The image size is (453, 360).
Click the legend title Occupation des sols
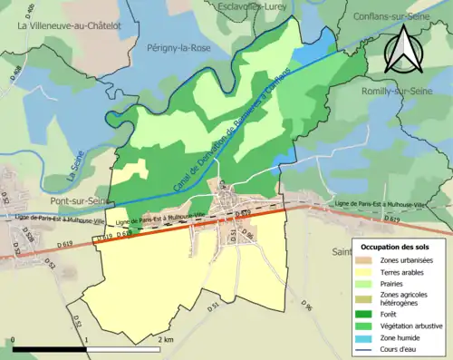pos(400,247)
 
